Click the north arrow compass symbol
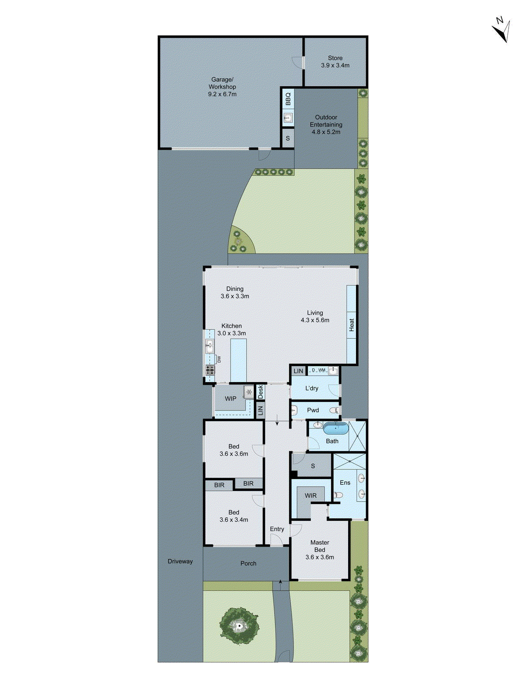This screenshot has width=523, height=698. [x=502, y=30]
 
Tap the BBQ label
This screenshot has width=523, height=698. [x=288, y=99]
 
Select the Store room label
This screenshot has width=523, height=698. [x=335, y=58]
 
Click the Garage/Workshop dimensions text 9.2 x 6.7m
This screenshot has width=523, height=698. [x=222, y=94]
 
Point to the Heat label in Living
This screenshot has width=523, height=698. [x=352, y=325]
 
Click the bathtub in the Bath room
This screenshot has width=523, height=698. [x=336, y=428]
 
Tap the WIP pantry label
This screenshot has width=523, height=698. [x=231, y=399]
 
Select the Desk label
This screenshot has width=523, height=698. [x=261, y=391]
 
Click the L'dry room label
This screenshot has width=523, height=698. [x=312, y=388]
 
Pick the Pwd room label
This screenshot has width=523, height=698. [x=313, y=411]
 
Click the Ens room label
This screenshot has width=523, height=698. [x=345, y=482]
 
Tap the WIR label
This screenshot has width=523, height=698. [x=311, y=496]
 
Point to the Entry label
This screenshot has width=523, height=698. [x=277, y=529]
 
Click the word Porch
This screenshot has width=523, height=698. [x=248, y=564]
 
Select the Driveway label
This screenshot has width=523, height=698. [x=180, y=561]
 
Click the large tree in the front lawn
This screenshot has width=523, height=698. [x=239, y=627]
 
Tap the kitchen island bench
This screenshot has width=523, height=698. [x=238, y=360]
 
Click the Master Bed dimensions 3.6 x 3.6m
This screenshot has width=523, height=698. [x=320, y=557]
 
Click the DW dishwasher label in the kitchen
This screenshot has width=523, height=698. [x=219, y=359]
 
